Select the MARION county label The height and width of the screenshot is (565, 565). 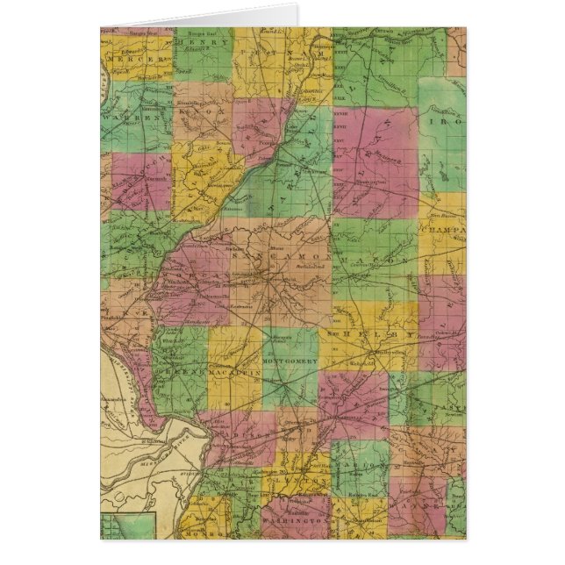click(x=360, y=463)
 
